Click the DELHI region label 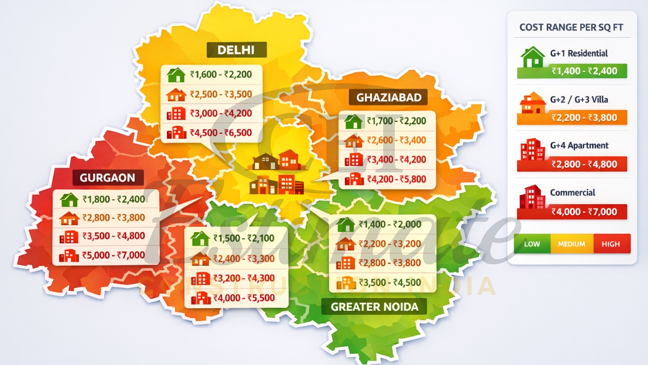coord(236,50)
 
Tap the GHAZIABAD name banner coord(389,97)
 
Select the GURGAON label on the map coord(107,177)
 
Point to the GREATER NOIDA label coord(374,307)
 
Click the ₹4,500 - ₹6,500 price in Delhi coord(221,133)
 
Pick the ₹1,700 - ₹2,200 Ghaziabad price coord(396,121)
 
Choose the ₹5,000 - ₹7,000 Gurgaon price coord(114,255)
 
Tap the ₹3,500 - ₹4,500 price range coord(389,282)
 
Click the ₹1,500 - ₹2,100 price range coord(244,238)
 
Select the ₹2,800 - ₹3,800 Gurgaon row coord(114,218)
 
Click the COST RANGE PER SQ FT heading coord(572,27)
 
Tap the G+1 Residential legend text coord(579,53)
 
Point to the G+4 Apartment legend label coord(579,145)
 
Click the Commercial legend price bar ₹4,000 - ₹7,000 coord(572,212)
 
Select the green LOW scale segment coord(532,244)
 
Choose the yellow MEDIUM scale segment coord(571,244)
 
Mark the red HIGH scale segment coord(611,244)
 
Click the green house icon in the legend coord(533,57)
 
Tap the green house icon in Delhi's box coord(176,75)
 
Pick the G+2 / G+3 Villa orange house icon coord(533,103)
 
